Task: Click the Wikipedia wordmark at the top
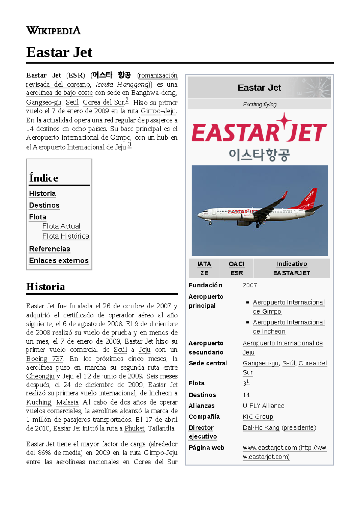[53, 31]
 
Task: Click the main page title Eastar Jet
[59, 52]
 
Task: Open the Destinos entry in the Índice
[44, 205]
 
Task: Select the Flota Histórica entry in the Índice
[66, 236]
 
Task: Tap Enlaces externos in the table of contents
[59, 260]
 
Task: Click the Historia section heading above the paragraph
[46, 287]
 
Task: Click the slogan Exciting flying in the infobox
[259, 104]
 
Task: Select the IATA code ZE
[204, 273]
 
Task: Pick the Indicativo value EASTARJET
[292, 273]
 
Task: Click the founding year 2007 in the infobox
[250, 285]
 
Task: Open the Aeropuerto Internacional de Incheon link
[289, 327]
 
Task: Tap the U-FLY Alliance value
[263, 406]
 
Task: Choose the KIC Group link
[258, 417]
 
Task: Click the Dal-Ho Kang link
[261, 427]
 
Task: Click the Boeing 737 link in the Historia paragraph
[45, 359]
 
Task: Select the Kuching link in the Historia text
[39, 402]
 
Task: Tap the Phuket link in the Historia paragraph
[134, 428]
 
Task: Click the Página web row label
[206, 448]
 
